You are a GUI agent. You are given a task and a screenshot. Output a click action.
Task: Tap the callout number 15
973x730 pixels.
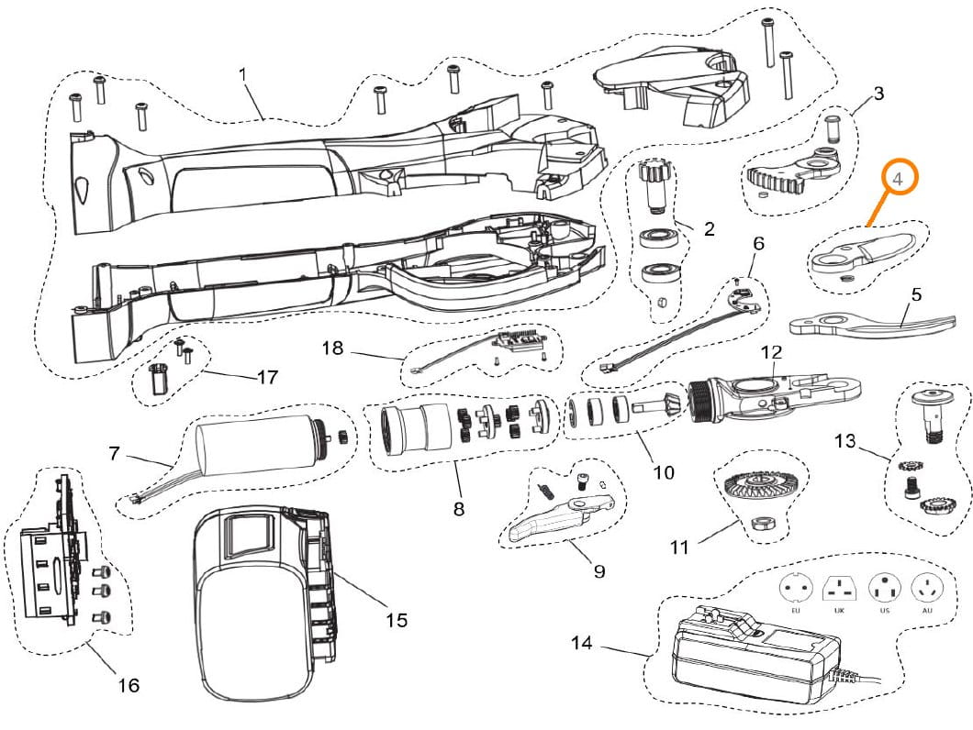pos(397,620)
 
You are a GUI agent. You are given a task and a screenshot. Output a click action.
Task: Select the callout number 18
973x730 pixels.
pos(332,348)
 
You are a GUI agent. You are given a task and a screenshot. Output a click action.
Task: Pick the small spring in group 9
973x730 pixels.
pos(546,490)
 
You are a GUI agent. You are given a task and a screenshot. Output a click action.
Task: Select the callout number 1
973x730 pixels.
pos(242,74)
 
